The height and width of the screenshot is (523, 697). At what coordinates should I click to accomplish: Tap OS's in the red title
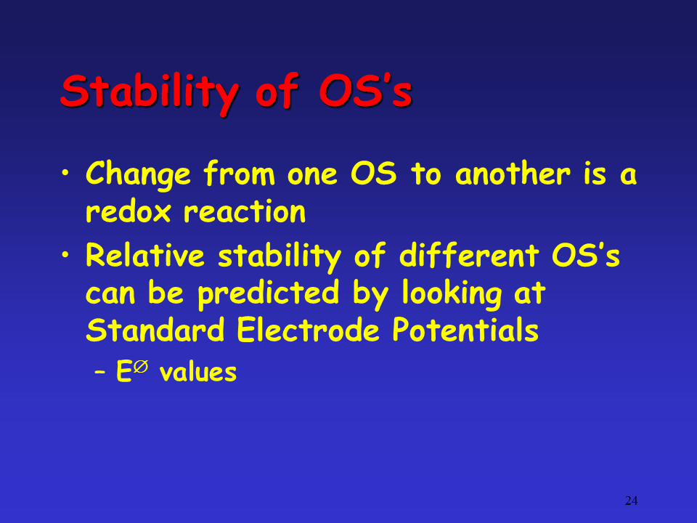pyautogui.click(x=365, y=92)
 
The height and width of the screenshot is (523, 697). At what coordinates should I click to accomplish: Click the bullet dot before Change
pyautogui.click(x=65, y=172)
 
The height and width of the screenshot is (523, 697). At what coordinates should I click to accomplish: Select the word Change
pyautogui.click(x=138, y=175)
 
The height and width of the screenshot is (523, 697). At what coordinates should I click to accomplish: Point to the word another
pyautogui.click(x=513, y=173)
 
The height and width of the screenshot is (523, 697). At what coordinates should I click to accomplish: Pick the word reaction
pyautogui.click(x=245, y=211)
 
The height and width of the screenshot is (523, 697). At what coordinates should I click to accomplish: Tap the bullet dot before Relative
pyautogui.click(x=65, y=254)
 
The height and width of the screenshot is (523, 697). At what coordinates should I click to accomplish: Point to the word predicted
pyautogui.click(x=268, y=294)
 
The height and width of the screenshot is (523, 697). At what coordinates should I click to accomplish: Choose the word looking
pyautogui.click(x=452, y=294)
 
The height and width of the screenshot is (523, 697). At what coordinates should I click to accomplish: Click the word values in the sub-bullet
pyautogui.click(x=197, y=372)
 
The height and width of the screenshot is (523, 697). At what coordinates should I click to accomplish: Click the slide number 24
pyautogui.click(x=631, y=500)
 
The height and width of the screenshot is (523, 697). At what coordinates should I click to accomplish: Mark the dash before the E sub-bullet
pyautogui.click(x=100, y=373)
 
